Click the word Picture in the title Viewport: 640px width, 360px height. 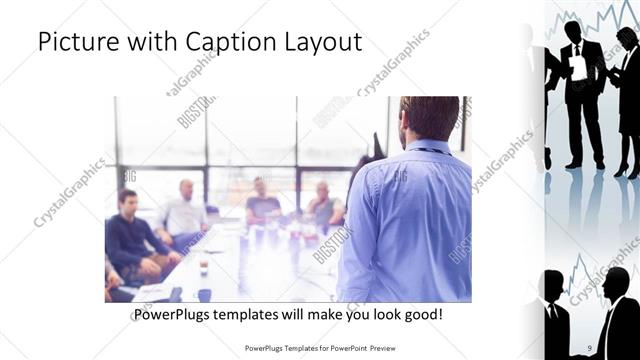(75, 43)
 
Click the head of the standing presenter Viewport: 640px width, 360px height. (429, 117)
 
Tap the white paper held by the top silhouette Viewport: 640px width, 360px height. (579, 68)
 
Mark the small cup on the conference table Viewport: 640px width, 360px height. (203, 267)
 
